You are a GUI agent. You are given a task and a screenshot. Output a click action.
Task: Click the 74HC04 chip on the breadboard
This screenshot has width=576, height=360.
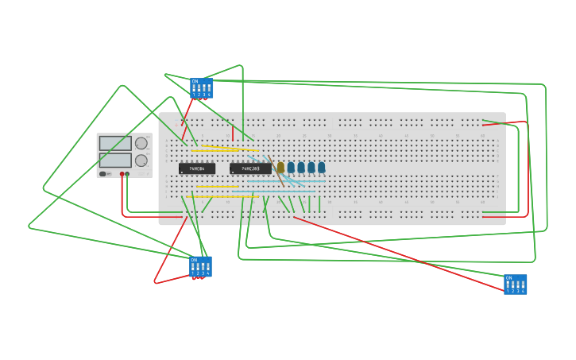coord(196,168)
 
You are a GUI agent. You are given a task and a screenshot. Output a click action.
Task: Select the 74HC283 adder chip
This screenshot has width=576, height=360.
coord(249,168)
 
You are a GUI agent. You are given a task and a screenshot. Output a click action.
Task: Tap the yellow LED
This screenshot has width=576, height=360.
coord(280,167)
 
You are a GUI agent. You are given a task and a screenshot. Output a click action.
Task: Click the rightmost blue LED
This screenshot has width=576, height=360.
coord(321,167)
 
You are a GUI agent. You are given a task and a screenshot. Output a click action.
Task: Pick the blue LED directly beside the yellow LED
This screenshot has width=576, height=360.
coord(291,167)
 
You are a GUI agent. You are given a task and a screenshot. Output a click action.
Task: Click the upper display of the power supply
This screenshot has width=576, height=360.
coord(115,143)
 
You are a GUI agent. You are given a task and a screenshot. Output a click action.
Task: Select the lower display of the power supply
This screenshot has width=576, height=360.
coord(115,160)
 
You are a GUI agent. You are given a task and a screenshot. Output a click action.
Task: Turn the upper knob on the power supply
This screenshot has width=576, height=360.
coord(141,143)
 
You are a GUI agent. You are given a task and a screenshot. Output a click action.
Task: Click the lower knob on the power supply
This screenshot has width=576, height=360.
coord(141,160)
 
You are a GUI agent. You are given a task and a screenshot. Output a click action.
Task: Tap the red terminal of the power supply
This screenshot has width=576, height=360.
coord(122,173)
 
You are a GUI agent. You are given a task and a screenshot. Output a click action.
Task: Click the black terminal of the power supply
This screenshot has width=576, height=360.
coord(127,173)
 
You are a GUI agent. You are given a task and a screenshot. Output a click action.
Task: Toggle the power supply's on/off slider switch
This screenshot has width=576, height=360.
coord(103,173)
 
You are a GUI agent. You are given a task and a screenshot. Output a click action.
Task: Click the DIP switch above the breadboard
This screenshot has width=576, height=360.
coord(201,87)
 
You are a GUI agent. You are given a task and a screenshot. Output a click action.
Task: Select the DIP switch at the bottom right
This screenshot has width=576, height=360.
coord(515,284)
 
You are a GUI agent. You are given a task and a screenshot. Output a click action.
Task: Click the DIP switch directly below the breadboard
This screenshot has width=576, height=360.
coord(200,265)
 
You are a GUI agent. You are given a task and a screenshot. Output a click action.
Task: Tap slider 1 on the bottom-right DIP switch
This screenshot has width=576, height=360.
coord(508,285)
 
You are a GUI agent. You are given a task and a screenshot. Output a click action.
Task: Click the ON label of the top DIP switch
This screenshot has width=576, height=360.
coord(195,81)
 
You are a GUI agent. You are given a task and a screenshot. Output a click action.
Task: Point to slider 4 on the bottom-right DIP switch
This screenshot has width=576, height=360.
coord(522,285)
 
